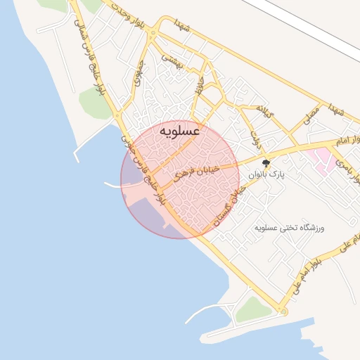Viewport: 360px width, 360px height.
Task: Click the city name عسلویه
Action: click(x=180, y=131)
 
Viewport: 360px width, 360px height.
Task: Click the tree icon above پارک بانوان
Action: click(x=265, y=163)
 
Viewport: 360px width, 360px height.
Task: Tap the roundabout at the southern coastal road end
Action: click(x=283, y=311)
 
